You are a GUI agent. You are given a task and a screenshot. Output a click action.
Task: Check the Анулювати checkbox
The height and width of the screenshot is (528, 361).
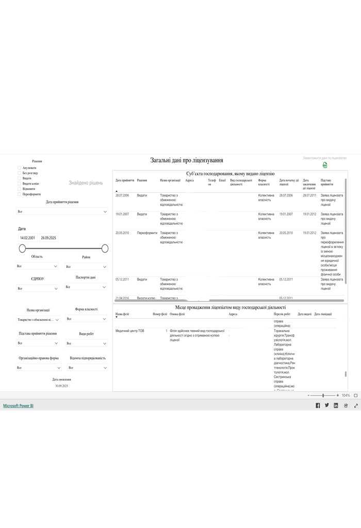[20, 168]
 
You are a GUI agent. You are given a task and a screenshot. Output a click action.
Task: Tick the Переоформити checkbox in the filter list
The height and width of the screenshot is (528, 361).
[20, 194]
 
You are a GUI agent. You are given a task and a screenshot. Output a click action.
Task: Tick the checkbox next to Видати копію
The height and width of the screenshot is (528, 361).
[20, 184]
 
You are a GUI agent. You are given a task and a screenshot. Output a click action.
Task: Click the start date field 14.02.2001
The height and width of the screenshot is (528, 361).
[27, 238]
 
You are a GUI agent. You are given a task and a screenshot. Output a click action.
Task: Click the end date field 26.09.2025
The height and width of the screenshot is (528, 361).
[49, 238]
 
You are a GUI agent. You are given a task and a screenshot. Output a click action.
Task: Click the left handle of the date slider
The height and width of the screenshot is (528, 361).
[22, 249]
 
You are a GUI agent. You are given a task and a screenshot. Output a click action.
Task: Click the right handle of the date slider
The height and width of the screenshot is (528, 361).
[105, 249]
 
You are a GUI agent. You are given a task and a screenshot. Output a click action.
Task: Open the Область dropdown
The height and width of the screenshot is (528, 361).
[37, 266]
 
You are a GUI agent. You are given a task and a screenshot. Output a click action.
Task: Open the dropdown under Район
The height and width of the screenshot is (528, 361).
[86, 267]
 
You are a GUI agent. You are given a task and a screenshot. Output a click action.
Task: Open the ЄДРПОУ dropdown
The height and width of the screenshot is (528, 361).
[37, 288]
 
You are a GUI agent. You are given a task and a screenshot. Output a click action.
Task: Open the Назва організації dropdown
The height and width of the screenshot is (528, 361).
[38, 319]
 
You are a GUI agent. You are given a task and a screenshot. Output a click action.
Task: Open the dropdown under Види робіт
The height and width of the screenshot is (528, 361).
[87, 343]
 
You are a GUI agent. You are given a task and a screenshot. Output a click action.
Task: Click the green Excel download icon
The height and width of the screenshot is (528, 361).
[325, 165]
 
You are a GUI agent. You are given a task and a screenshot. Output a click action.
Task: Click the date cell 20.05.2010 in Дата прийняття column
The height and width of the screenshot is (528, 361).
[122, 233]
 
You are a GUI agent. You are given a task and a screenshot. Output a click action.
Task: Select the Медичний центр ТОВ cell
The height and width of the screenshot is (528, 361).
[130, 331]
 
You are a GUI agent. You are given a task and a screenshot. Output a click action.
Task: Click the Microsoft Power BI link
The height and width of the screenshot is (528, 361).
[18, 406]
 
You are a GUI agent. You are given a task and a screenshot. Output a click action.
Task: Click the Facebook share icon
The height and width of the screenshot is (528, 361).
[318, 406]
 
